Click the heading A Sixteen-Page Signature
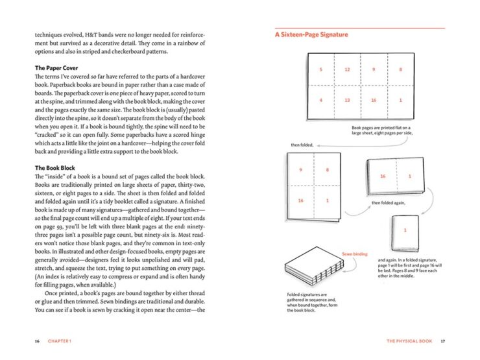311,34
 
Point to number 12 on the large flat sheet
347,69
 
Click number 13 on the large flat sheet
347,101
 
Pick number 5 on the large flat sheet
320,69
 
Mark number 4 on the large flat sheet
320,101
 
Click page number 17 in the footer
443,341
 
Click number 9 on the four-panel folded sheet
300,171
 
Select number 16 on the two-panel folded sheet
383,176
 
